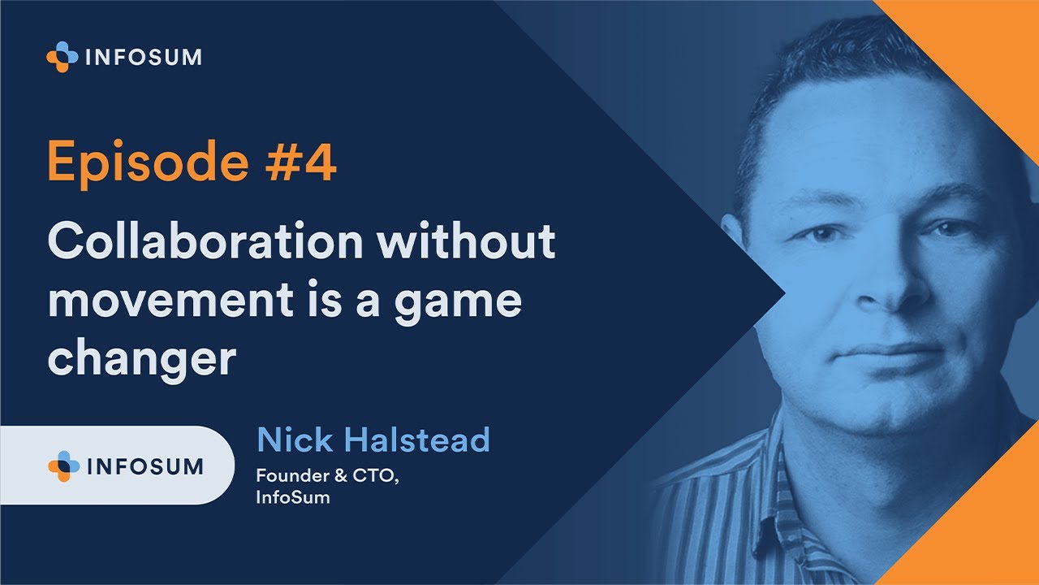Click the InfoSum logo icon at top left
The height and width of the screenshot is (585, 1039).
coord(62,57)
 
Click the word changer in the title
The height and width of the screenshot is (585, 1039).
coord(141,358)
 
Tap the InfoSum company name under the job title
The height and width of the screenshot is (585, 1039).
coord(293,497)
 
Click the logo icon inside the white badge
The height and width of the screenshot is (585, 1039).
coord(64,466)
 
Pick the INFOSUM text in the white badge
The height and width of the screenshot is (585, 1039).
coord(144,466)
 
